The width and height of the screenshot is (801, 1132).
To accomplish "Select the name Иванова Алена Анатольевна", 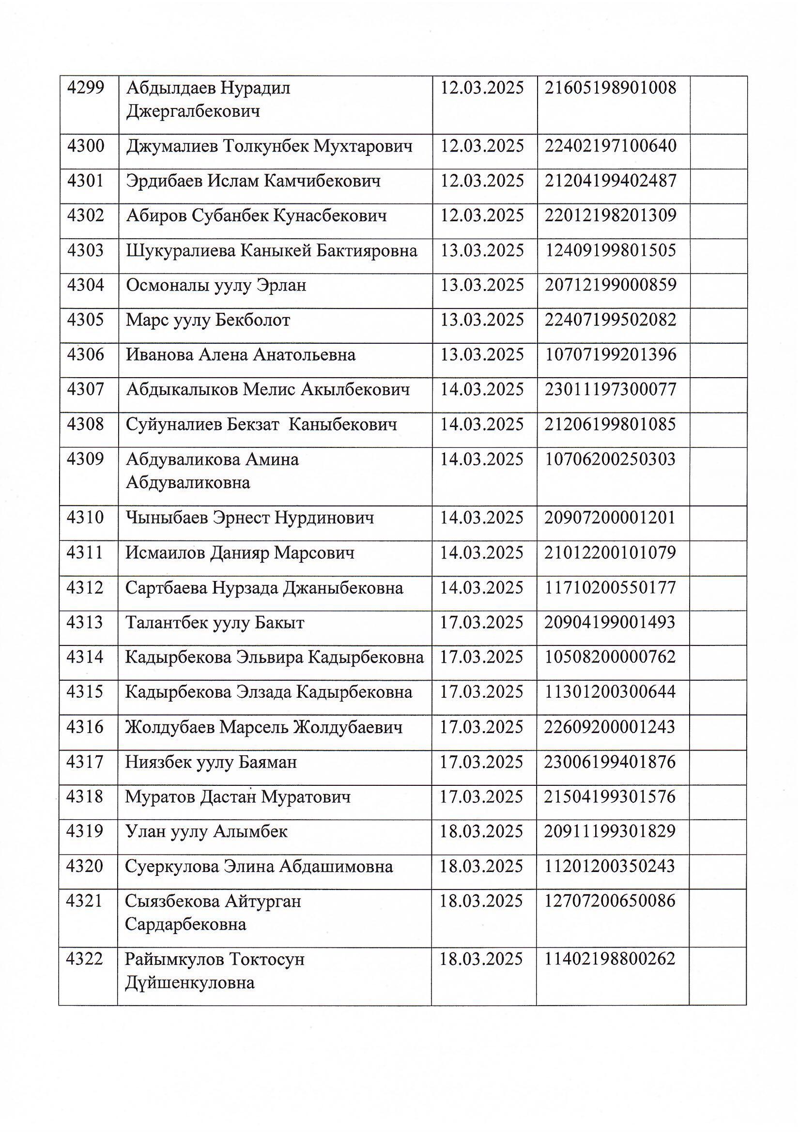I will (x=241, y=355).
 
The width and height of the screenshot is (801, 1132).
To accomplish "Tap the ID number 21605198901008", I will (x=611, y=88).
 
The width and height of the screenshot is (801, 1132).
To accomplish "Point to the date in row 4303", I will (x=482, y=251).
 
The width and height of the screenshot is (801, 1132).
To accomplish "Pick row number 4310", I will (x=85, y=518).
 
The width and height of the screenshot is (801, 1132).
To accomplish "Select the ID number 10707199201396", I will (x=611, y=355).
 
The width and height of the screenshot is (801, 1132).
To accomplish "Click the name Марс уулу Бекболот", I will (x=208, y=321).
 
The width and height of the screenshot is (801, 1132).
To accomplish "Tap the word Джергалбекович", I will (x=193, y=111).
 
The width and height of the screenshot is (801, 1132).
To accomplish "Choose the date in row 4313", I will (x=481, y=623).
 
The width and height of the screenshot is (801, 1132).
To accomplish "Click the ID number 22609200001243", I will (x=610, y=727).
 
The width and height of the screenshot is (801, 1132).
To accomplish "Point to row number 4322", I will (x=84, y=960).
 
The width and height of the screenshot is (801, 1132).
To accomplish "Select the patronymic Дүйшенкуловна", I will (x=190, y=983).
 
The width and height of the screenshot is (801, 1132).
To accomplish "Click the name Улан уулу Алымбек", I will (x=206, y=832).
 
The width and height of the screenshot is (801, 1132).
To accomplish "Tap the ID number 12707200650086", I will (x=610, y=901).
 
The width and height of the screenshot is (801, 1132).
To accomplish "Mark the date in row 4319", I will (x=481, y=832).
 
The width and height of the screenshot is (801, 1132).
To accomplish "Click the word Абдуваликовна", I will (x=188, y=482).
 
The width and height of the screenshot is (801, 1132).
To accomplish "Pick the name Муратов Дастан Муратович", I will (x=238, y=797).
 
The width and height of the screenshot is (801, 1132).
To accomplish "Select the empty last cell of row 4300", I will (x=718, y=152).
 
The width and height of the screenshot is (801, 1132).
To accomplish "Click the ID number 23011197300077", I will (x=611, y=390).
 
